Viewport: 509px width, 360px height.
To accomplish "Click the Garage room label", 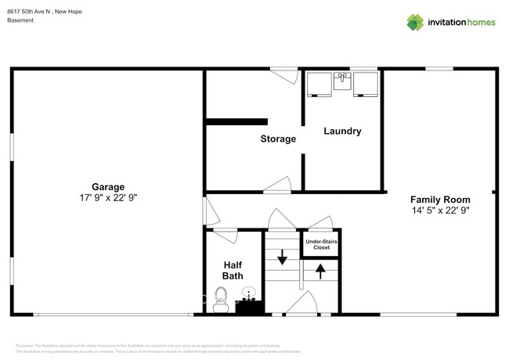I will [x=108, y=187].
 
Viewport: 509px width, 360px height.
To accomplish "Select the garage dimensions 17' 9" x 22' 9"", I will [x=108, y=199].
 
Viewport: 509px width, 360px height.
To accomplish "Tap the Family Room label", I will [x=440, y=199].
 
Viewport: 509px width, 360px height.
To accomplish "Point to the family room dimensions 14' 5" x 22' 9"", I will [x=440, y=211].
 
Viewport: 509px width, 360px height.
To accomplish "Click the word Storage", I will [x=278, y=139].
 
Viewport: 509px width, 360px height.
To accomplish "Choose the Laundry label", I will [x=342, y=131].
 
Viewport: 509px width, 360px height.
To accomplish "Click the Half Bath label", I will [x=232, y=270].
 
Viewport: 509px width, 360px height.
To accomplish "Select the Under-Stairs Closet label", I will [x=322, y=244].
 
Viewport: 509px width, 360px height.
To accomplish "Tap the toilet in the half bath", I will [x=221, y=299].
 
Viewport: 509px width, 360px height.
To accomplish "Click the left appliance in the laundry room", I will [x=318, y=84].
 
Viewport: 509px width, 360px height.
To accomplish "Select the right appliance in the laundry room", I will [x=366, y=84].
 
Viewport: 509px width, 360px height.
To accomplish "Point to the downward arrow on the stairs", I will [x=283, y=257].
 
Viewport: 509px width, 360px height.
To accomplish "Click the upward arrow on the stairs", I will [x=320, y=272].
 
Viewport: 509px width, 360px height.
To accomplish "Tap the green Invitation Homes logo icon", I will [x=415, y=22].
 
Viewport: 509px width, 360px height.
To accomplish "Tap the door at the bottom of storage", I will [x=277, y=186].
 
